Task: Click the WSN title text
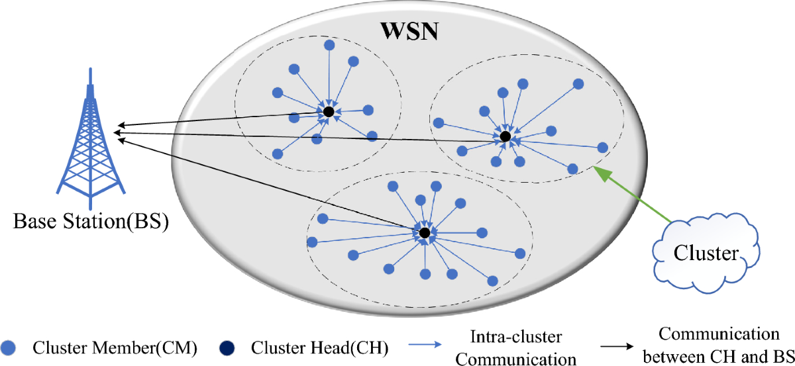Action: coord(409,31)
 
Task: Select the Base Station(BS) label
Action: coord(91,221)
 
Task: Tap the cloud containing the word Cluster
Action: coord(706,253)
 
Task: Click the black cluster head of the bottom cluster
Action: coord(425,233)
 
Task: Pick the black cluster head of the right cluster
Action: coord(505,136)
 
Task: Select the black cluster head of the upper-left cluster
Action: coord(329,112)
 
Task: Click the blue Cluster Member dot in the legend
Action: coord(8,348)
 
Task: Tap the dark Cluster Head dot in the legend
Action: coord(227,348)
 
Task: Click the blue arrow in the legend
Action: coord(425,344)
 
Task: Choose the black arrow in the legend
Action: coord(617,346)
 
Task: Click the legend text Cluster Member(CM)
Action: coord(115,348)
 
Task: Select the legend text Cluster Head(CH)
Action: coord(320,348)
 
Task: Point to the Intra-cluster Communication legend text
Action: coord(516,347)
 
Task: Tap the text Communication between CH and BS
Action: coord(719,345)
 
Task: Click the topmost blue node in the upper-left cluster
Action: coord(329,45)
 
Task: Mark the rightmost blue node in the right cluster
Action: coord(603,148)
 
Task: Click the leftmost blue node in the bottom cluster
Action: coord(312,242)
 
